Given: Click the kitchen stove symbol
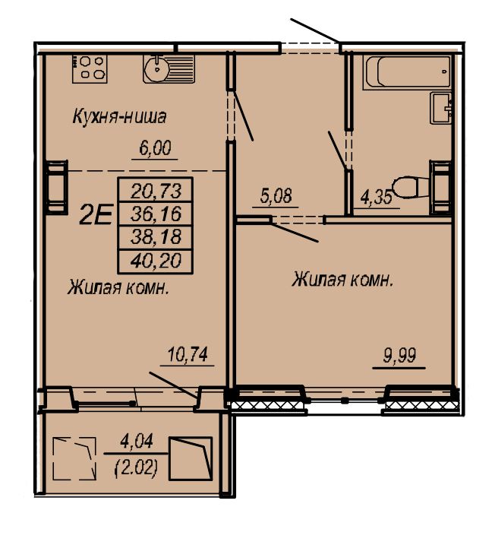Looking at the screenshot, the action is coord(90,68).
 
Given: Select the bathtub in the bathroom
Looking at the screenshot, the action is coord(407,72).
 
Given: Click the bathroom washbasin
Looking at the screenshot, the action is coord(441,108).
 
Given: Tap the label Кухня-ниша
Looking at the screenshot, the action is coord(119,117).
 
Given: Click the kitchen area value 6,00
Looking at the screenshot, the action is coord(155,148).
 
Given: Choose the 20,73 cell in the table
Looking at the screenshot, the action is coord(156,190).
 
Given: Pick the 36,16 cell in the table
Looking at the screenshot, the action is coord(156,214).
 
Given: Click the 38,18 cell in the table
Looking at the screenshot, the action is coord(156,238).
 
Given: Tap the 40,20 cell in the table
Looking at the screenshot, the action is coord(156,261).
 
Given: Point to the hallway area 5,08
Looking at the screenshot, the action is coord(276,196).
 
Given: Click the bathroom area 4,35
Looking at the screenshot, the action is coord(377,198).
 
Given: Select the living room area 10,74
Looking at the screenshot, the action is coord(188,354).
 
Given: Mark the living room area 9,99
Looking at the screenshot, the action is coord(399,356).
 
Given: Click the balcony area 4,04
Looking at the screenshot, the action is coord(137,442).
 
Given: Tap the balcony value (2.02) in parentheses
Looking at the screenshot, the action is coord(136,467).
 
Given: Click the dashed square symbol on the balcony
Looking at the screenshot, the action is coord(74,458).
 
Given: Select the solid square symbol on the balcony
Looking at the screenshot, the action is coord(191,458).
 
